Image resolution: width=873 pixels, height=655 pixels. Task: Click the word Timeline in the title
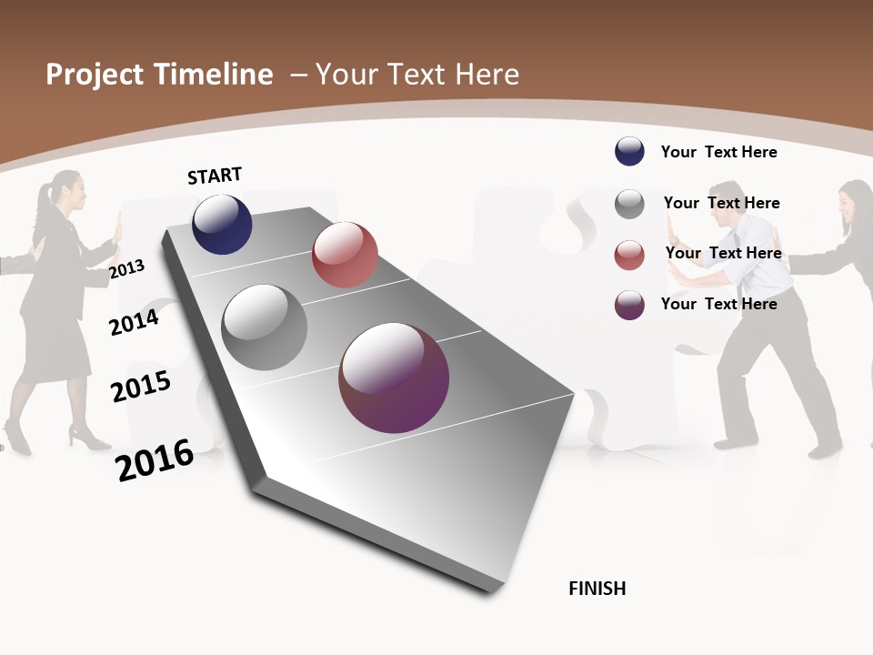point(215,75)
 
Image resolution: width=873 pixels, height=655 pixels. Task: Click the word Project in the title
point(95,75)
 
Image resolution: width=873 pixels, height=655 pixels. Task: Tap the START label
point(215,176)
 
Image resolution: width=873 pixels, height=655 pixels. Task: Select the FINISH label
point(597,589)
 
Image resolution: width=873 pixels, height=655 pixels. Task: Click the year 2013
point(126,269)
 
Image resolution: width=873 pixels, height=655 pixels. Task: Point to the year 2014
point(134,322)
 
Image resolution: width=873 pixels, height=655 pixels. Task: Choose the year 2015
point(141,387)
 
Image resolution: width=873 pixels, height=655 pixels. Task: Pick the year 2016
point(155,460)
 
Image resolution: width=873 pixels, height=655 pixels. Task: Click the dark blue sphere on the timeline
point(222,225)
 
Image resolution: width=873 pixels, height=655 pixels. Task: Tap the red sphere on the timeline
point(345,255)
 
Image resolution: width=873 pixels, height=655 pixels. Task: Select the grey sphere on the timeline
point(265,327)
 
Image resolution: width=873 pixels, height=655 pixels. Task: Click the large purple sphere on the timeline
point(394,378)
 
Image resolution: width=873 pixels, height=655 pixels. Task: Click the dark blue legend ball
point(629,151)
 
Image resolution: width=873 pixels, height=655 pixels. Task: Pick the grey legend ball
point(629,204)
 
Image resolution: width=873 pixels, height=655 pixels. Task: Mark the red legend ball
point(629,255)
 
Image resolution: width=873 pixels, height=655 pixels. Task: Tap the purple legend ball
point(629,305)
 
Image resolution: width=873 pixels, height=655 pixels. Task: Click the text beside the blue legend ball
point(718,152)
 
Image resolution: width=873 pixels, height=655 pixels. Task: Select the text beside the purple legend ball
point(718,304)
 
